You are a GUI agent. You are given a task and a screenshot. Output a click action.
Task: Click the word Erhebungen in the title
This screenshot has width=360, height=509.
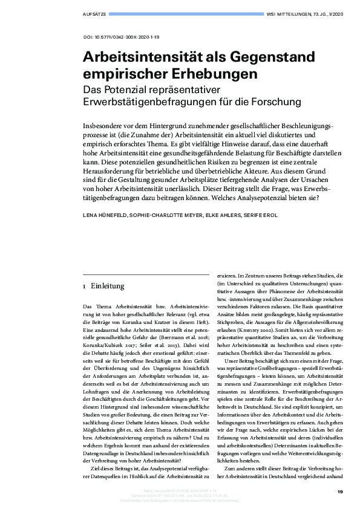pos(212,74)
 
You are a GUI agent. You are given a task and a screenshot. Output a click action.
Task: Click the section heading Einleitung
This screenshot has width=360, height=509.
pos(108,285)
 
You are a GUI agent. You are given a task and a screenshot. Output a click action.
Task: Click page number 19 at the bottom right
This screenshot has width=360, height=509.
pos(339,491)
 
